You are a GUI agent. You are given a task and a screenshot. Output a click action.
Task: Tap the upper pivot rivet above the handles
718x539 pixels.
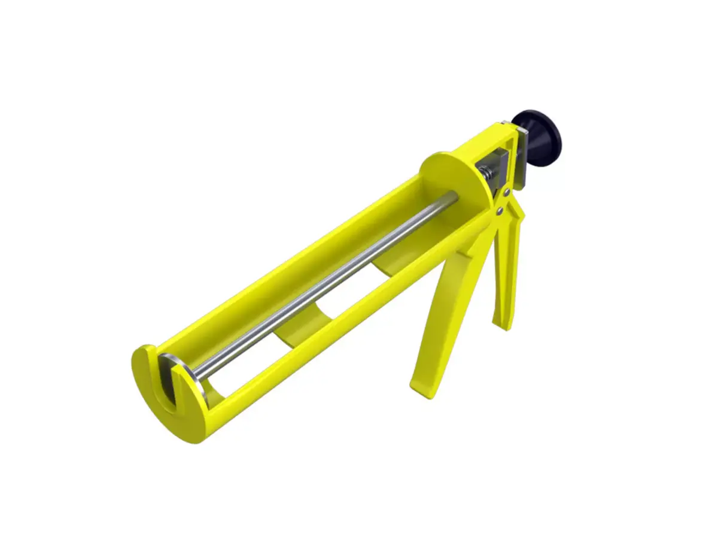pyautogui.click(x=507, y=193)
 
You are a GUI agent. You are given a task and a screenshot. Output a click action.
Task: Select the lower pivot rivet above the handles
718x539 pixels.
pyautogui.click(x=498, y=210)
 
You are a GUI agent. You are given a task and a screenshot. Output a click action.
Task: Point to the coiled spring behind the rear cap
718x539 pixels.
pyautogui.click(x=487, y=174)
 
